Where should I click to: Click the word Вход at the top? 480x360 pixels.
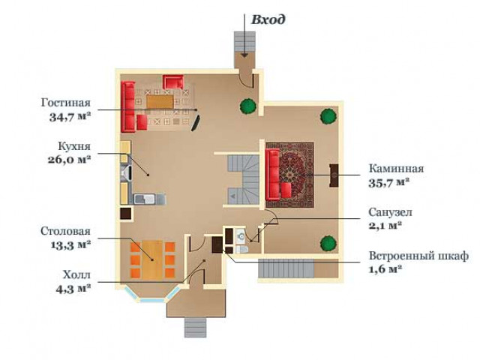[268, 19]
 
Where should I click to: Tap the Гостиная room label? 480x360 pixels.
[66, 103]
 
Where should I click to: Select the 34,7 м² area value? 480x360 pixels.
[70, 117]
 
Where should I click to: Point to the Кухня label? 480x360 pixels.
[74, 146]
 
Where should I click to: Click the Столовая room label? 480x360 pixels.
[65, 231]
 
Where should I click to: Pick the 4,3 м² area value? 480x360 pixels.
[73, 289]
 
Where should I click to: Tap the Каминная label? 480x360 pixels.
[396, 168]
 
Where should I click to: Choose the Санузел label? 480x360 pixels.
[390, 212]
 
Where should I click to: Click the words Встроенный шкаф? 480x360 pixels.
[418, 256]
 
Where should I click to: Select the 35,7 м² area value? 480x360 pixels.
[389, 183]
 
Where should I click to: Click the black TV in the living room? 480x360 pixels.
[196, 123]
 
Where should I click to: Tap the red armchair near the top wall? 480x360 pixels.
[173, 82]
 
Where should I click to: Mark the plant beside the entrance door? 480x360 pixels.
[248, 106]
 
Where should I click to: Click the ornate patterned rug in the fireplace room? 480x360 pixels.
[290, 175]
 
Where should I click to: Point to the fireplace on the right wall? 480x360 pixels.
[334, 175]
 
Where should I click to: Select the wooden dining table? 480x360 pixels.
[152, 260]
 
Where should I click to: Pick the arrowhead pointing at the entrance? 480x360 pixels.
[244, 55]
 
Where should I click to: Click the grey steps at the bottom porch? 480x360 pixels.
[195, 328]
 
